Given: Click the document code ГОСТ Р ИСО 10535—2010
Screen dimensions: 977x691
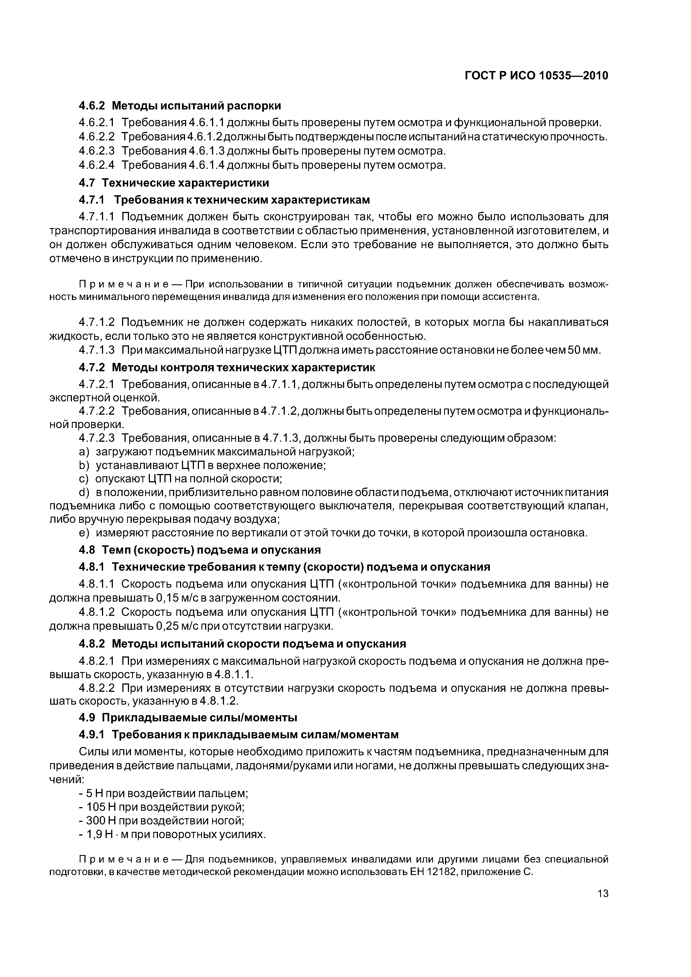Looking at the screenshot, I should pyautogui.click(x=536, y=76).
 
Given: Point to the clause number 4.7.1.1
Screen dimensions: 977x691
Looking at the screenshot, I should pyautogui.click(x=97, y=217).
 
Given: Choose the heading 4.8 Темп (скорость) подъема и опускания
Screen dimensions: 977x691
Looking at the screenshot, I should pyautogui.click(x=200, y=550).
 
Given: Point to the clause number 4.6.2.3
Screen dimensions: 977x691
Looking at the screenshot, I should pyautogui.click(x=97, y=151).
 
